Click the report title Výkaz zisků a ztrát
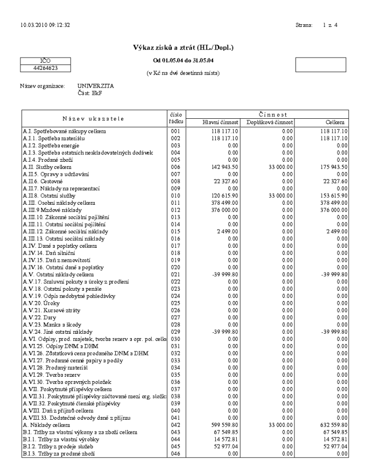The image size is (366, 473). [182, 48]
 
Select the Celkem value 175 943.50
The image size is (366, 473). [333, 168]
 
